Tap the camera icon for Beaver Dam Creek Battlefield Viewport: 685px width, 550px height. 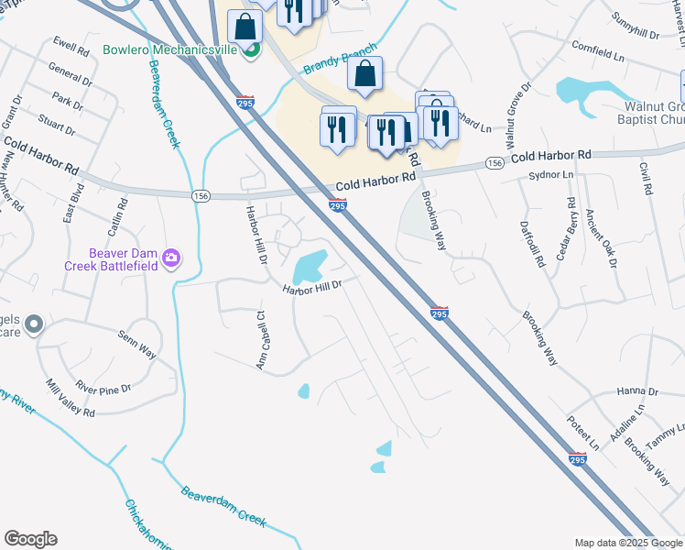click(170, 259)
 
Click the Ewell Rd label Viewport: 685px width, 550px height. click(70, 43)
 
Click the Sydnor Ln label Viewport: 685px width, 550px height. click(550, 174)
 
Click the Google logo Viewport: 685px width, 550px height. click(30, 539)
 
